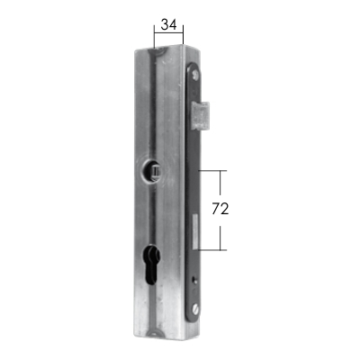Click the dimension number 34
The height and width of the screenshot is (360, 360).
[168, 24]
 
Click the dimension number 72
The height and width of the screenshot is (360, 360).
[220, 209]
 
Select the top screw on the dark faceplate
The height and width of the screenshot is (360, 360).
[196, 74]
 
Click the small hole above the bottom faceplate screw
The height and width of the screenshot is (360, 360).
[193, 281]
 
